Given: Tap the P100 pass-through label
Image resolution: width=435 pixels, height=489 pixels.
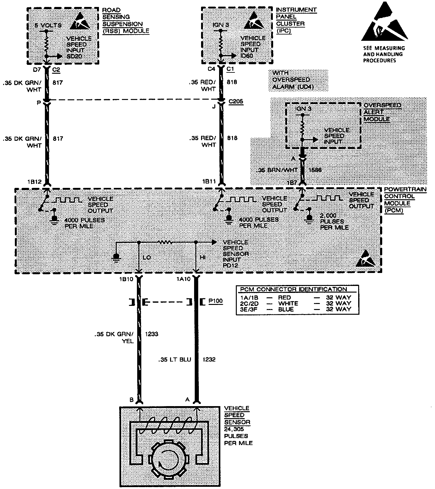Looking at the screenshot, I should [x=216, y=301].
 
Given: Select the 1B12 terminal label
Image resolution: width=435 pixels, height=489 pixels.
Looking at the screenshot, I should [x=34, y=182].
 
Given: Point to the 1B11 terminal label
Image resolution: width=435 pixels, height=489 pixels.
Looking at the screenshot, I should [x=209, y=182].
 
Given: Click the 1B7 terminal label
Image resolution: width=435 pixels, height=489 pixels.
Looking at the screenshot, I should [x=292, y=183].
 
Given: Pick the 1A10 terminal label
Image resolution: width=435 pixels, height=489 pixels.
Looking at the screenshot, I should [x=183, y=279].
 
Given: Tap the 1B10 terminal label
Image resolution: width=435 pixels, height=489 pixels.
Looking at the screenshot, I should [x=126, y=279].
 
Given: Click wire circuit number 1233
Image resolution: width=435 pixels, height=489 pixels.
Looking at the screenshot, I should [x=151, y=334].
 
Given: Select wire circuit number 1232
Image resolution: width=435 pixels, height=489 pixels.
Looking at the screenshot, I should [x=209, y=359].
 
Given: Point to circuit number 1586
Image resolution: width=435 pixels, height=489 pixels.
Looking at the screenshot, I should [x=315, y=170].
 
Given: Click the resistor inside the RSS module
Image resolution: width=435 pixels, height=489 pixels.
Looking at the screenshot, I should [x=47, y=44].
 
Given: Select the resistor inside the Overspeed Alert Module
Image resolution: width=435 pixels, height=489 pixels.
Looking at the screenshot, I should [x=302, y=127].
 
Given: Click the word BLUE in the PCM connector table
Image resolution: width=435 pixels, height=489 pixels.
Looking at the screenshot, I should [x=286, y=309].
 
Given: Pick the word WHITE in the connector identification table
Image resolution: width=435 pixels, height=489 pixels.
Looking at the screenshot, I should [x=288, y=303].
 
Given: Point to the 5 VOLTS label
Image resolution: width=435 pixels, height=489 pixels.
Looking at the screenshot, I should [x=48, y=25].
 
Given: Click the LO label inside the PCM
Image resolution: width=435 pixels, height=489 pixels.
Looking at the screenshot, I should [x=147, y=257].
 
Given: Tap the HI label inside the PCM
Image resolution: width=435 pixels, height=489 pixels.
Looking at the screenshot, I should [x=203, y=257].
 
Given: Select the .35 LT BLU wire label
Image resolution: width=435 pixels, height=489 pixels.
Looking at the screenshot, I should [x=175, y=359].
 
